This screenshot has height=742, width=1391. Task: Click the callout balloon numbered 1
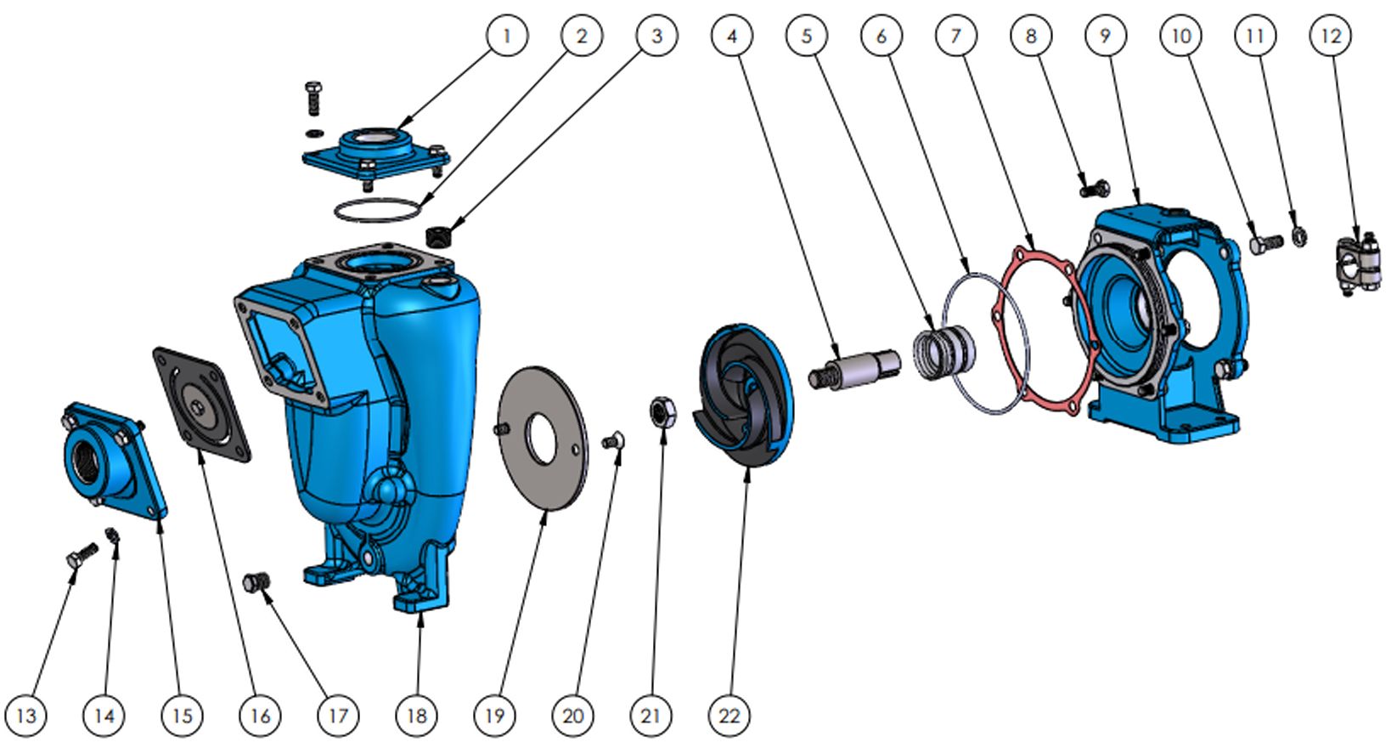point(507,36)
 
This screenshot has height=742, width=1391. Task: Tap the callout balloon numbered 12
point(1330,36)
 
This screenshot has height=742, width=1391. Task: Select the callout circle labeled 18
point(416,716)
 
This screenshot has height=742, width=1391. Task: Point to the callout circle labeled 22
point(729,716)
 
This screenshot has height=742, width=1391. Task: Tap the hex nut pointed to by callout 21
point(663,411)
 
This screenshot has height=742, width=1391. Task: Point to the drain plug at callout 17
point(256,581)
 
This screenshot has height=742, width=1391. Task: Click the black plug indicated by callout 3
point(438,235)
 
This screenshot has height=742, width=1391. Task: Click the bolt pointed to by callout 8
point(1095,187)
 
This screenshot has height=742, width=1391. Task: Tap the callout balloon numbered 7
point(955,36)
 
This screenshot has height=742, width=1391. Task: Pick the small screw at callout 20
point(613,441)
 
